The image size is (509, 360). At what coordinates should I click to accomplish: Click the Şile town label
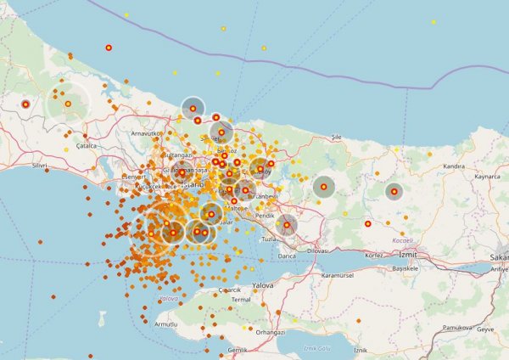click(336, 136)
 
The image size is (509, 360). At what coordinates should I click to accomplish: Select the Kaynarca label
click(487, 177)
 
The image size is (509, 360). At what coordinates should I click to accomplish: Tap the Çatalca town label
click(86, 146)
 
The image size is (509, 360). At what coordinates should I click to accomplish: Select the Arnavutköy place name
click(146, 133)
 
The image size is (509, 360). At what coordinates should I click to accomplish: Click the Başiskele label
click(405, 267)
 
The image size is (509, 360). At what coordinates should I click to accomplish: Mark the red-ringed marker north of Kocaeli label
click(368, 224)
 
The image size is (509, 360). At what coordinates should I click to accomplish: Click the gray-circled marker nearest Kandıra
click(394, 191)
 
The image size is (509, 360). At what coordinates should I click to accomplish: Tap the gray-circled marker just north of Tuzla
click(287, 225)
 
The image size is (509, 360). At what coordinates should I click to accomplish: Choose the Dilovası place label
click(317, 251)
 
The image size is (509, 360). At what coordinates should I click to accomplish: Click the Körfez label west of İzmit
click(375, 255)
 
